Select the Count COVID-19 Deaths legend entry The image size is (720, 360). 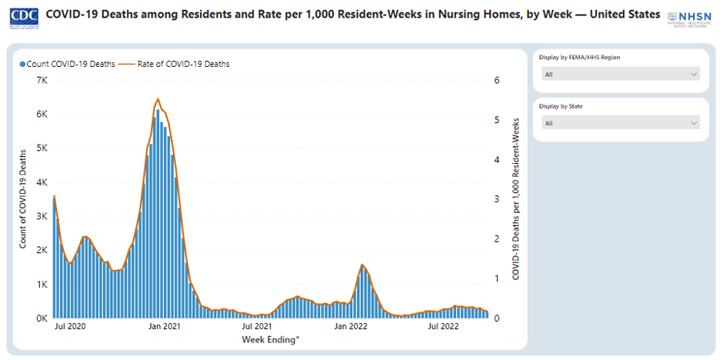click(68, 64)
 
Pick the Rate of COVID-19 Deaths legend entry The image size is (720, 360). click(183, 64)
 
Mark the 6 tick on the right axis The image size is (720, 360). click(497, 80)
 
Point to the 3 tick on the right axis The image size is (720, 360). click(497, 199)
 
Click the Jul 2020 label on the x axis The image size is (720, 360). click(69, 327)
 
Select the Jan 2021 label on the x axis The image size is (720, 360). click(164, 327)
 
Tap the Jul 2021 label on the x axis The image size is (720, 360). click(257, 327)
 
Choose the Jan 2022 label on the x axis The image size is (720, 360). click(351, 327)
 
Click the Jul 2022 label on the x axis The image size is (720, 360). click(443, 327)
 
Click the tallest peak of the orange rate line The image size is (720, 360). click(158, 99)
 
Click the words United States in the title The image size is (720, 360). click(622, 15)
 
